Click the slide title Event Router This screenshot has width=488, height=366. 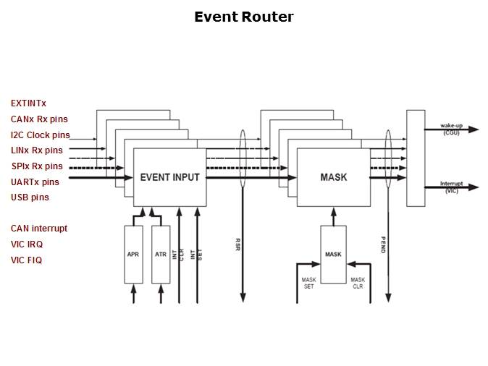[243, 17]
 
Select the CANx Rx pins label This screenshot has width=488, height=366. [40, 119]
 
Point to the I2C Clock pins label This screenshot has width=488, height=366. [41, 135]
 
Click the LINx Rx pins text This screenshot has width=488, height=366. [36, 150]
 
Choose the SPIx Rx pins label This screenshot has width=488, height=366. [37, 166]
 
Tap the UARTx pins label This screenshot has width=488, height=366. [35, 182]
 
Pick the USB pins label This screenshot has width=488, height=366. [30, 197]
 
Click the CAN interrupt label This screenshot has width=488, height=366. [39, 229]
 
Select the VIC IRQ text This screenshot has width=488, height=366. [27, 244]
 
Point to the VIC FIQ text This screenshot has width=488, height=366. [27, 260]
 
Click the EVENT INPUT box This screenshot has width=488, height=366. [169, 177]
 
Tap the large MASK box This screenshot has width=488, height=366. [333, 177]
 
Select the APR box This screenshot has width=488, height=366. [133, 254]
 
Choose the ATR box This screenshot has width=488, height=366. [161, 254]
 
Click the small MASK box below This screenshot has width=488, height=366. [333, 254]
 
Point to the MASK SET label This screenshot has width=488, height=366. [308, 282]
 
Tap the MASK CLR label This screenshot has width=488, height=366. [358, 282]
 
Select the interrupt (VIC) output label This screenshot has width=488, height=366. [451, 187]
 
